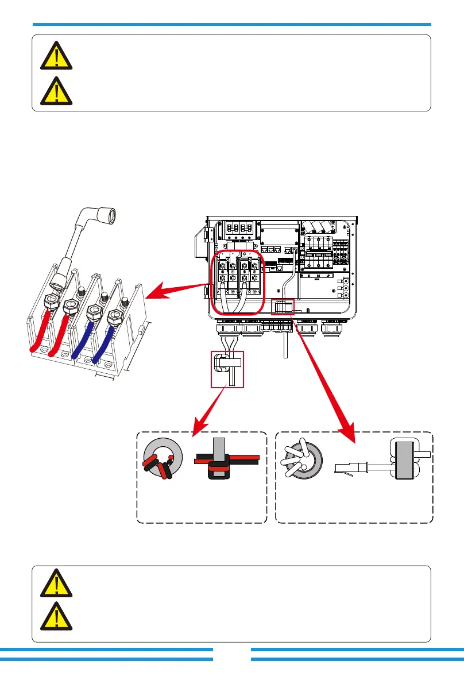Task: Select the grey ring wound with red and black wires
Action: pos(162,457)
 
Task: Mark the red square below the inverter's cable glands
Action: pos(227,369)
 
